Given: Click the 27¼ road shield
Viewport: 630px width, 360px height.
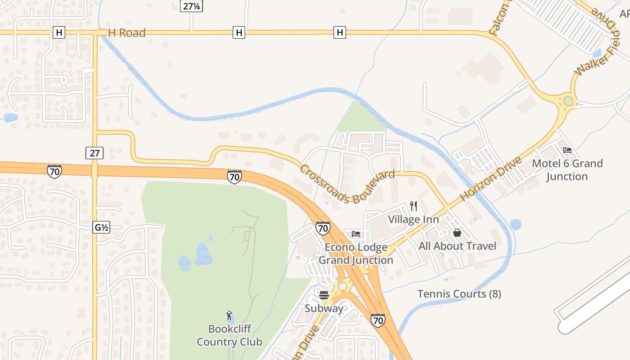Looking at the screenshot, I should click(191, 6).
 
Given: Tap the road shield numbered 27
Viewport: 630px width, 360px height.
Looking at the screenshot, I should click(94, 153).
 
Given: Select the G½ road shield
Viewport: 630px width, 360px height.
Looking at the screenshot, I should click(101, 228).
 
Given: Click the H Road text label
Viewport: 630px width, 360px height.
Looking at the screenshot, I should click(126, 32).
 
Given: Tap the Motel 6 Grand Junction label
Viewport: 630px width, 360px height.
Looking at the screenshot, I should click(567, 170).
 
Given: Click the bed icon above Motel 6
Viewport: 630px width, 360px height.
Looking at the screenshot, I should click(567, 150).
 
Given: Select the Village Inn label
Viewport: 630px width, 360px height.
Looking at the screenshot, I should click(414, 220).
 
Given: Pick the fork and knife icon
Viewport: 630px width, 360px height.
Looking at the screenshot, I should click(414, 206).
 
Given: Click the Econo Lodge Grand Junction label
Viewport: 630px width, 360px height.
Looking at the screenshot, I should click(356, 254).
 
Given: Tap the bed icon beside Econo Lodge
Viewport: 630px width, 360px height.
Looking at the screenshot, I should click(356, 234).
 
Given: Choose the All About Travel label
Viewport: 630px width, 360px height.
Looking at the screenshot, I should click(457, 246).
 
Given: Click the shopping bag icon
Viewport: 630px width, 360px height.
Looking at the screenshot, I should click(457, 233).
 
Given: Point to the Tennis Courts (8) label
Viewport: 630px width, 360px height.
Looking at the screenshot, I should click(459, 294).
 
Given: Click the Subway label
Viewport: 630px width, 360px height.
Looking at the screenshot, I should click(324, 308).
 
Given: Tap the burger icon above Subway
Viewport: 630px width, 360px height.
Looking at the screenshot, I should click(324, 295).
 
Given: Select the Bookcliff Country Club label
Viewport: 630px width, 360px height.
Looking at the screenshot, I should click(229, 335).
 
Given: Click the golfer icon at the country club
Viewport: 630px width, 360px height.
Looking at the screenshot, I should click(229, 315).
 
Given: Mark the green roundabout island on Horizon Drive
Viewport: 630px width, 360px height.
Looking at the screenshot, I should click(568, 101).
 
